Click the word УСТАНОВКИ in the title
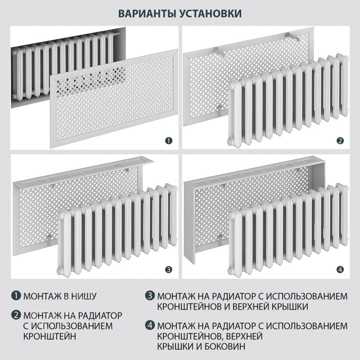tap(210, 14)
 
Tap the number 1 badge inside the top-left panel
tap(169, 141)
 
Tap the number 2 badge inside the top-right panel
tap(340, 141)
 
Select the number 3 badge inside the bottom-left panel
tap(169, 270)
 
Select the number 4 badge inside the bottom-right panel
tap(340, 270)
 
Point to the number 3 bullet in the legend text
tap(150, 296)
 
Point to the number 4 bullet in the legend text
tap(150, 326)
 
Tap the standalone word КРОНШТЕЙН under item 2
tap(50, 336)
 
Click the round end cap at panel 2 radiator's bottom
tap(229, 141)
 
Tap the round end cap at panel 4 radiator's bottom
tap(229, 270)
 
